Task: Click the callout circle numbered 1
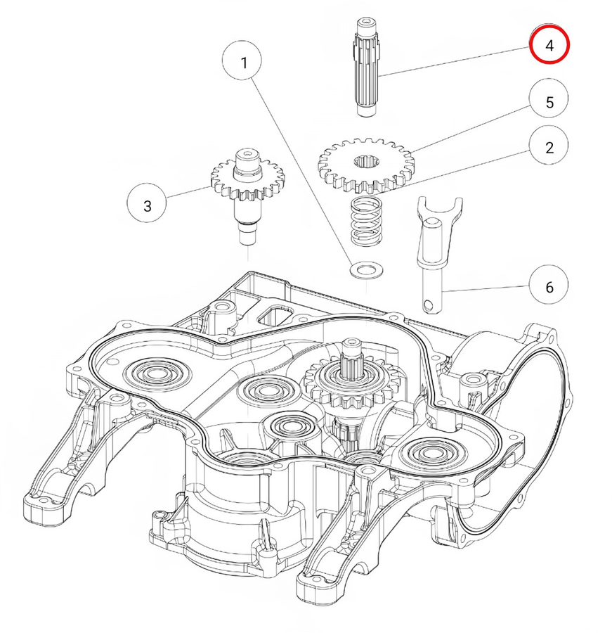pos(244,63)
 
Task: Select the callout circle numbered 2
pos(549,148)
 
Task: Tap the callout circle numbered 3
pos(147,206)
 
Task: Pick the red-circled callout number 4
pos(549,45)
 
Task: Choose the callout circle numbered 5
pos(549,102)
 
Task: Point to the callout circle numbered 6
pos(549,286)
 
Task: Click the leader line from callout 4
pos(457,59)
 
